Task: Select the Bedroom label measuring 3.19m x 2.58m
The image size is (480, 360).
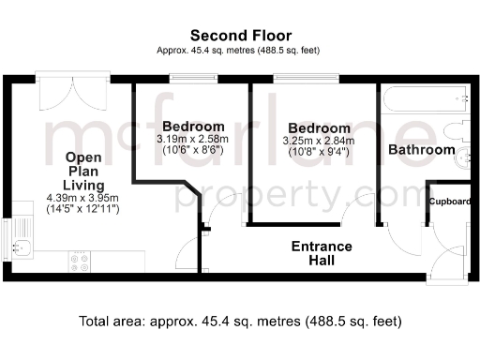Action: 193,127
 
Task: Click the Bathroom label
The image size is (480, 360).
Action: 421,149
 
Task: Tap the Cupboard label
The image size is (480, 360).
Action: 450,201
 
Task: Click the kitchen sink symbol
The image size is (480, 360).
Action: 25,248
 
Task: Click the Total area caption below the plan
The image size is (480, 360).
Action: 240,322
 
